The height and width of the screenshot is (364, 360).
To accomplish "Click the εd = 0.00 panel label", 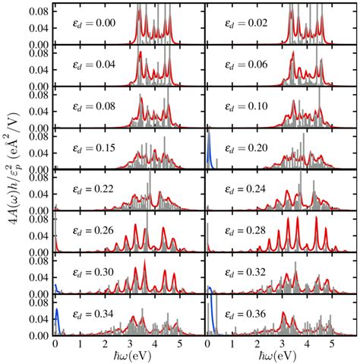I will [90, 22].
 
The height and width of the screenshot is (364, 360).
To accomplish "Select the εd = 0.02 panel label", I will [242, 22].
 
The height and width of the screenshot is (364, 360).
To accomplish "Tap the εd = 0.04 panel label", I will [90, 65].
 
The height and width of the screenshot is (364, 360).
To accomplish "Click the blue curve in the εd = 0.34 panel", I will [58, 318].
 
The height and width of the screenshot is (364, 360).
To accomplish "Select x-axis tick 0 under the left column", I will [55, 343].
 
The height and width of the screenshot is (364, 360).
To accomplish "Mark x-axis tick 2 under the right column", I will [257, 343].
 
